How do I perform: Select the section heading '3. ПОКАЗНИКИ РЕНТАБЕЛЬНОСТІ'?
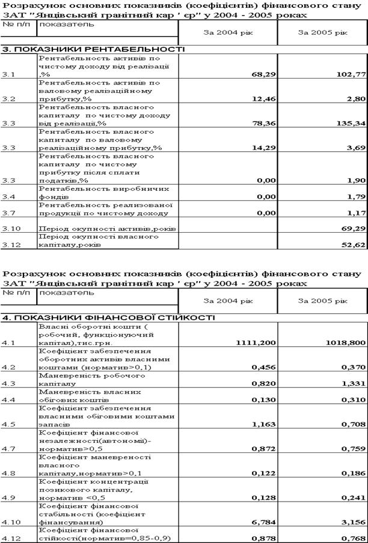pos(93,49)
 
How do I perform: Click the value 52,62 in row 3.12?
pos(352,245)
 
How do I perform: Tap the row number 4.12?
pos(10,538)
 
